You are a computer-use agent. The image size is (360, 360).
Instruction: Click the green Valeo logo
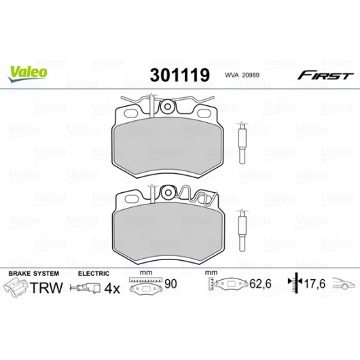[28, 73]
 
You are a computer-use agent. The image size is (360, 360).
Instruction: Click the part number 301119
[180, 75]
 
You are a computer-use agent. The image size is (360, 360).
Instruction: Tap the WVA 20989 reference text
[242, 75]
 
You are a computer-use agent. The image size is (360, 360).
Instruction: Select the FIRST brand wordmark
[325, 75]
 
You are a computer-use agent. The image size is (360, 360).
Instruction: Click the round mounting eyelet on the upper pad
[168, 107]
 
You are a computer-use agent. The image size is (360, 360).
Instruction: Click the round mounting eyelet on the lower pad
[168, 192]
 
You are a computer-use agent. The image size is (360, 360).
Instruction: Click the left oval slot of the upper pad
[130, 113]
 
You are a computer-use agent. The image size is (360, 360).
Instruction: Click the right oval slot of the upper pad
[204, 113]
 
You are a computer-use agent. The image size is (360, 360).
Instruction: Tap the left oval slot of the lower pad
[131, 199]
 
